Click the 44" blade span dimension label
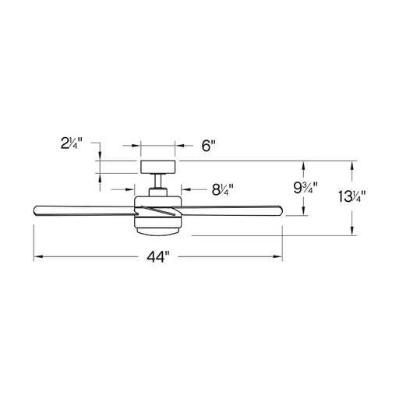(x=158, y=257)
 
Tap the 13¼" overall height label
(x=352, y=196)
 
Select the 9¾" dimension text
(x=305, y=188)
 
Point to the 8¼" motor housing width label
(x=222, y=189)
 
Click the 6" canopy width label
(x=209, y=146)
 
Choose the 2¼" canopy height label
(x=72, y=143)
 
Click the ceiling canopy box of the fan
(x=157, y=167)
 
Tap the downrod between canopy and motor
(x=157, y=181)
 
